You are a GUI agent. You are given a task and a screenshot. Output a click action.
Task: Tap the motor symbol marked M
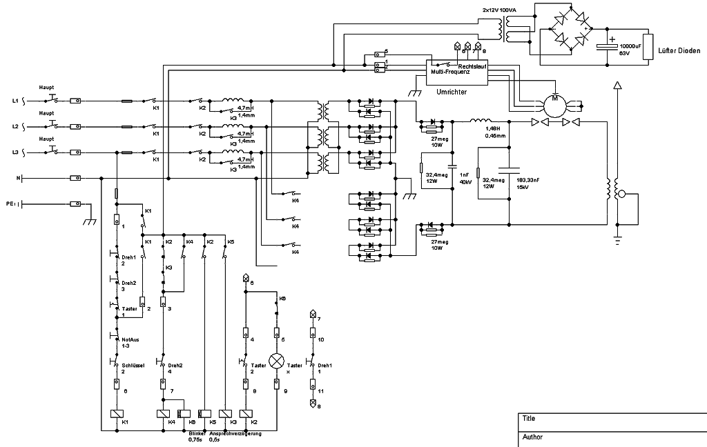[x=554, y=103]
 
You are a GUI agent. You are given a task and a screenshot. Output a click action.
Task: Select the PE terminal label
[x=10, y=204]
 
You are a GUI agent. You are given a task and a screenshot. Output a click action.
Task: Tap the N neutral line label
[x=18, y=178]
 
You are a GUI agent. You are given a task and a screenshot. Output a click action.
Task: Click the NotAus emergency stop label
[x=130, y=339]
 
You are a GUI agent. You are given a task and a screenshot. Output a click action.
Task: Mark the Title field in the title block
[x=529, y=419]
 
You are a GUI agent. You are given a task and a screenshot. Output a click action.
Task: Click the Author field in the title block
[x=532, y=437]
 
